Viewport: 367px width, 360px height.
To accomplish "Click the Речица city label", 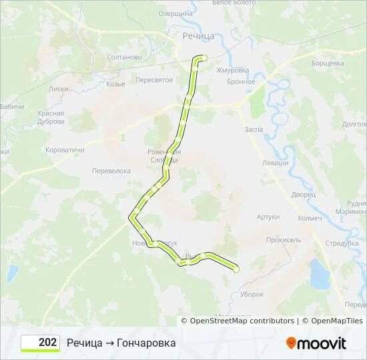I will (198, 35).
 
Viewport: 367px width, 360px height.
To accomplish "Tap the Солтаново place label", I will (123, 57).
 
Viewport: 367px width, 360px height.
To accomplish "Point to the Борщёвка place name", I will (328, 63).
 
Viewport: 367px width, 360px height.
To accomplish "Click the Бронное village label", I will (241, 82).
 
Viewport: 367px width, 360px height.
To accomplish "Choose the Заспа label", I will (254, 129).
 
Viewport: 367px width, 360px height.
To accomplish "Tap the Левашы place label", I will (275, 163).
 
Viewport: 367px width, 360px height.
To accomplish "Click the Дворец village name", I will (303, 195).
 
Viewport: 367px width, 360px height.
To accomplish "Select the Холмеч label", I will (310, 217).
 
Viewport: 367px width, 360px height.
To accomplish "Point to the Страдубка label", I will (342, 243).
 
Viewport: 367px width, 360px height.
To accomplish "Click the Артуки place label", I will (268, 217).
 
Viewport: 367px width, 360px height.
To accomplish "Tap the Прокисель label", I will (284, 240).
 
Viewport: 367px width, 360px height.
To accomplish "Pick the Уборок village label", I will (252, 294).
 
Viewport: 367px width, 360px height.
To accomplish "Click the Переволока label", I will (111, 171).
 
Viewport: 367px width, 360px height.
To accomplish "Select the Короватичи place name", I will (65, 150).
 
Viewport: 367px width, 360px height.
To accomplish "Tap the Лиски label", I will (59, 88).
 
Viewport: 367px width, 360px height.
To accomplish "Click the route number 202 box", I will (40, 343).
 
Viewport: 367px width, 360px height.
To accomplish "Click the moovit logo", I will (316, 343).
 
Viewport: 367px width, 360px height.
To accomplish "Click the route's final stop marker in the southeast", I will (236, 269).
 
